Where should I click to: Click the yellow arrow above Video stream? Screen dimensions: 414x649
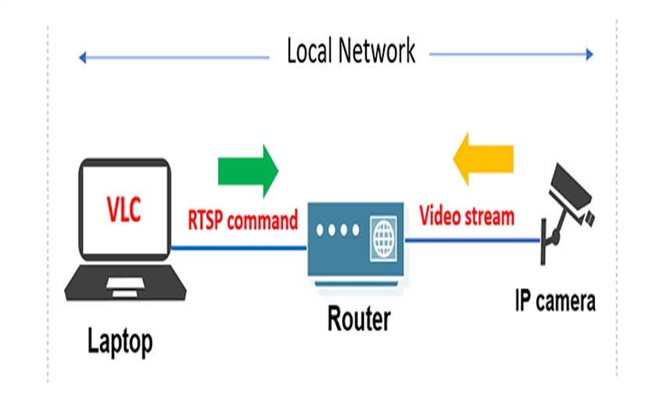(484, 159)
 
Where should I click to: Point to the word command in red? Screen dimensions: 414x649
(263, 220)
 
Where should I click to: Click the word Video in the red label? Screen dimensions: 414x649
(442, 216)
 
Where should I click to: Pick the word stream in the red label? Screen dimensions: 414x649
(490, 216)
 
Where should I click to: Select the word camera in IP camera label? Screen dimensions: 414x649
(565, 301)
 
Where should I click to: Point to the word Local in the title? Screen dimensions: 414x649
(311, 52)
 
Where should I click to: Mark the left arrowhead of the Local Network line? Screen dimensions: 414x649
(82, 56)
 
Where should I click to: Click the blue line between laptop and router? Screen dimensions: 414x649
(238, 248)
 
